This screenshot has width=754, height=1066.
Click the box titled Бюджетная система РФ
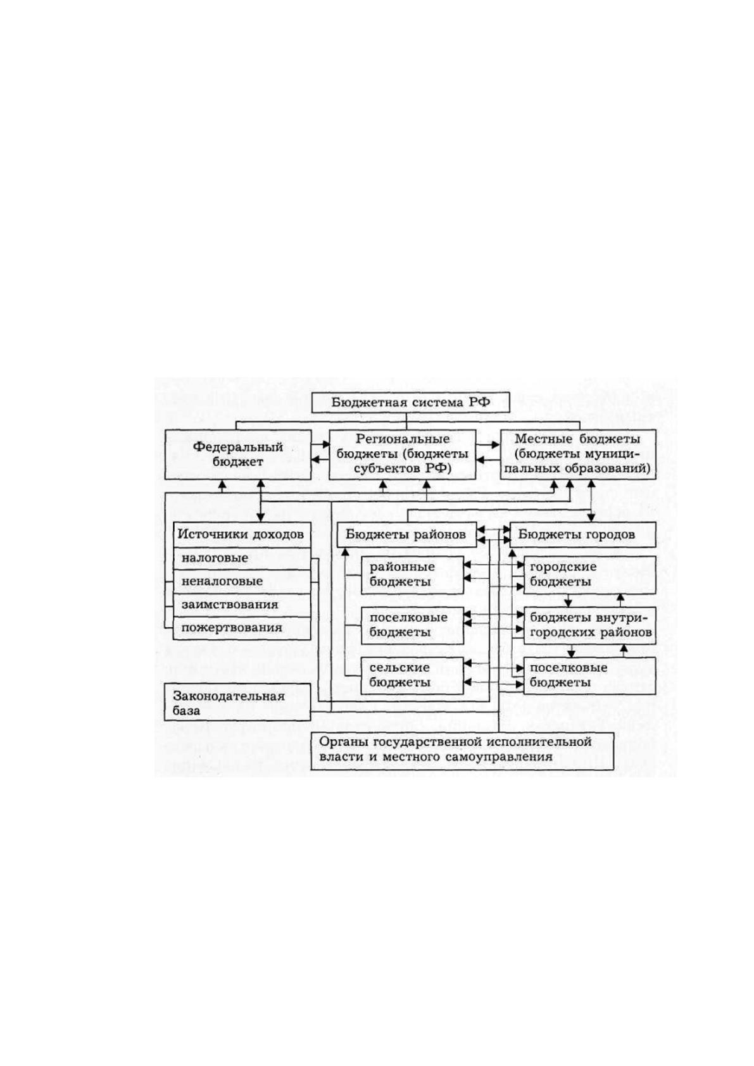[411, 403]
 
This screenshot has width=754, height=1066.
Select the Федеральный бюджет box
[238, 455]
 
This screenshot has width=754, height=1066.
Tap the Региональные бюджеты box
[403, 455]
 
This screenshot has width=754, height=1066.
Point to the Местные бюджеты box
[578, 455]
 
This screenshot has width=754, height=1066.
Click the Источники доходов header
[242, 534]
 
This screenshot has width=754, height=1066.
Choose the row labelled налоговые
[242, 558]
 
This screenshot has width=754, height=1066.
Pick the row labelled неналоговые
[242, 582]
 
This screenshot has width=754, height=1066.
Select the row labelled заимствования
[242, 605]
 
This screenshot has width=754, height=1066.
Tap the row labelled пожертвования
[242, 628]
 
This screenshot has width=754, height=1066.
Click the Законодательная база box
[237, 703]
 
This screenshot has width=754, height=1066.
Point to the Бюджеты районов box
[407, 534]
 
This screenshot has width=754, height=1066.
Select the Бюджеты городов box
[582, 534]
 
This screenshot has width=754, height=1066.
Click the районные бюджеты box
[412, 575]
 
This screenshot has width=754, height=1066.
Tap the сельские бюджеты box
[412, 675]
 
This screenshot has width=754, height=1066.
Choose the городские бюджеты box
[590, 575]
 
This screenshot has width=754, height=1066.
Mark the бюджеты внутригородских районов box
[590, 625]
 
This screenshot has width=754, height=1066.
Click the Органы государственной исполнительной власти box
[462, 751]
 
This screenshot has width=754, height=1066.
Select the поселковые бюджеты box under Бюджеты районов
[412, 625]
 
